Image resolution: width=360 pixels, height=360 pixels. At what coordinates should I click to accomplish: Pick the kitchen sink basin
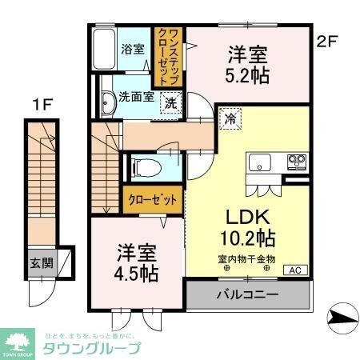click(261, 162)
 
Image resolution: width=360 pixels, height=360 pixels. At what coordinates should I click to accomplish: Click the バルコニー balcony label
click(247, 294)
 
